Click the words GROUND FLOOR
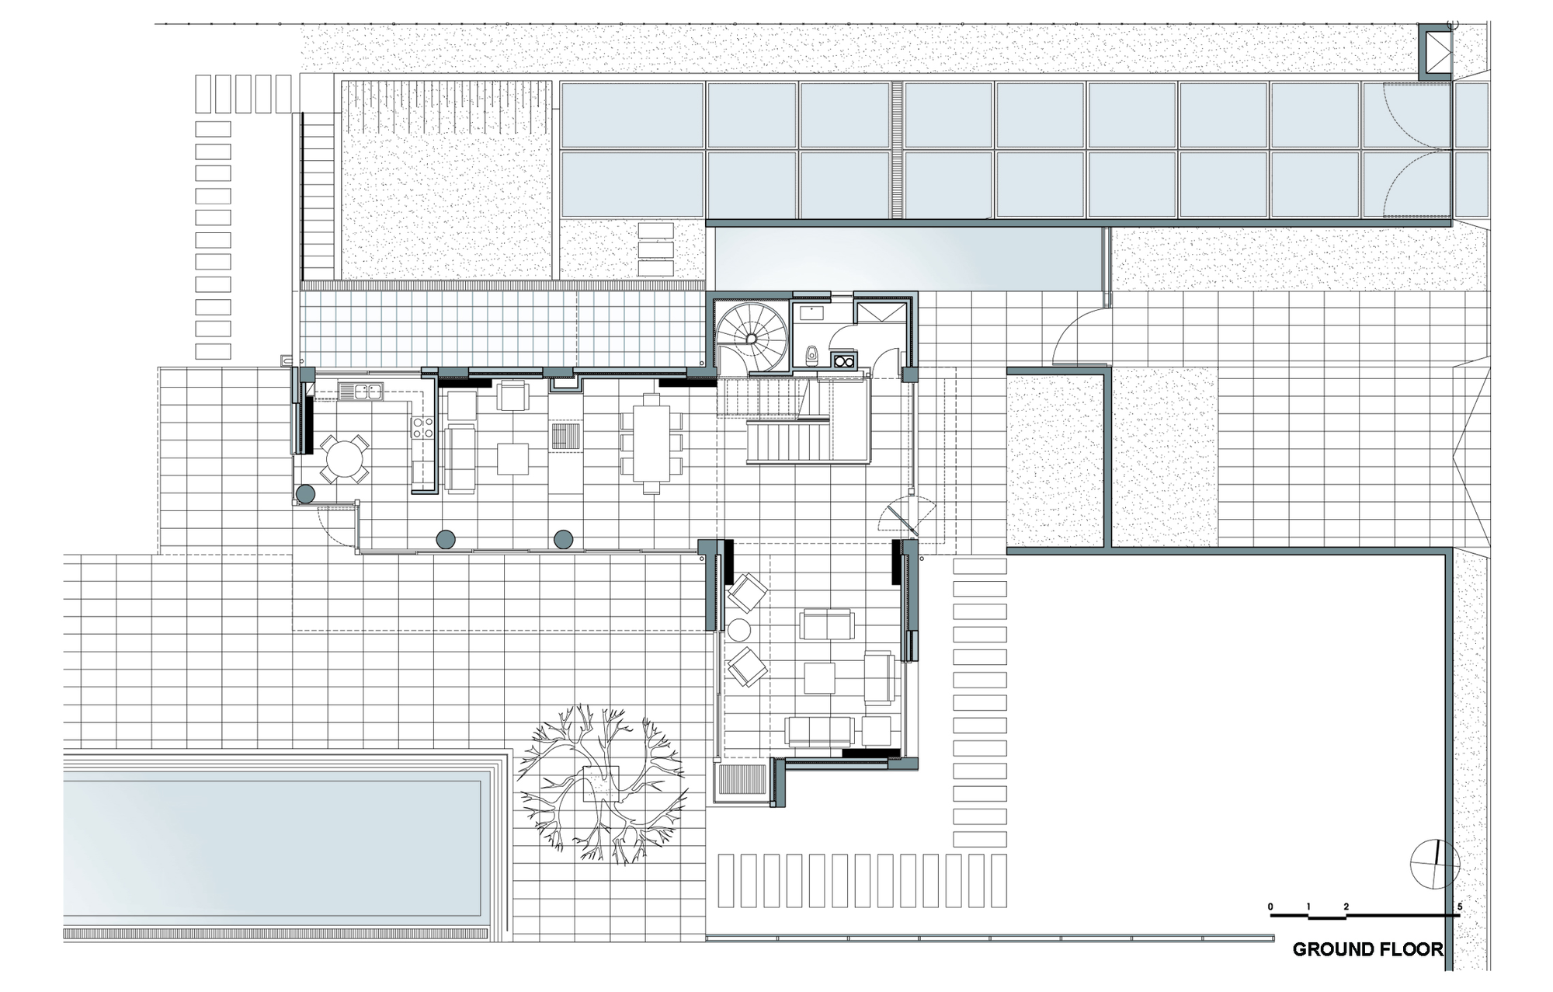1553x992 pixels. tap(1367, 949)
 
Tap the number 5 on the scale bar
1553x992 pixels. tap(1460, 907)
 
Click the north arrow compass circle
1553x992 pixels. tap(1436, 865)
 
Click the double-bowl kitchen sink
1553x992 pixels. tap(360, 392)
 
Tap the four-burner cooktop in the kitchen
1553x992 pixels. tap(422, 428)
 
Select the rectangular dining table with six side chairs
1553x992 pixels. tap(651, 444)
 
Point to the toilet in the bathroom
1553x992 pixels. tap(811, 355)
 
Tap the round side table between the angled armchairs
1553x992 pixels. tap(738, 629)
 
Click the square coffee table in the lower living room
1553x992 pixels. tap(819, 677)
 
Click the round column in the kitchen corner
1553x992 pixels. tap(305, 493)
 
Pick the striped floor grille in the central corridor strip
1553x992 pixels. tap(565, 435)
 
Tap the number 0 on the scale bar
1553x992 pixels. tap(1270, 907)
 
